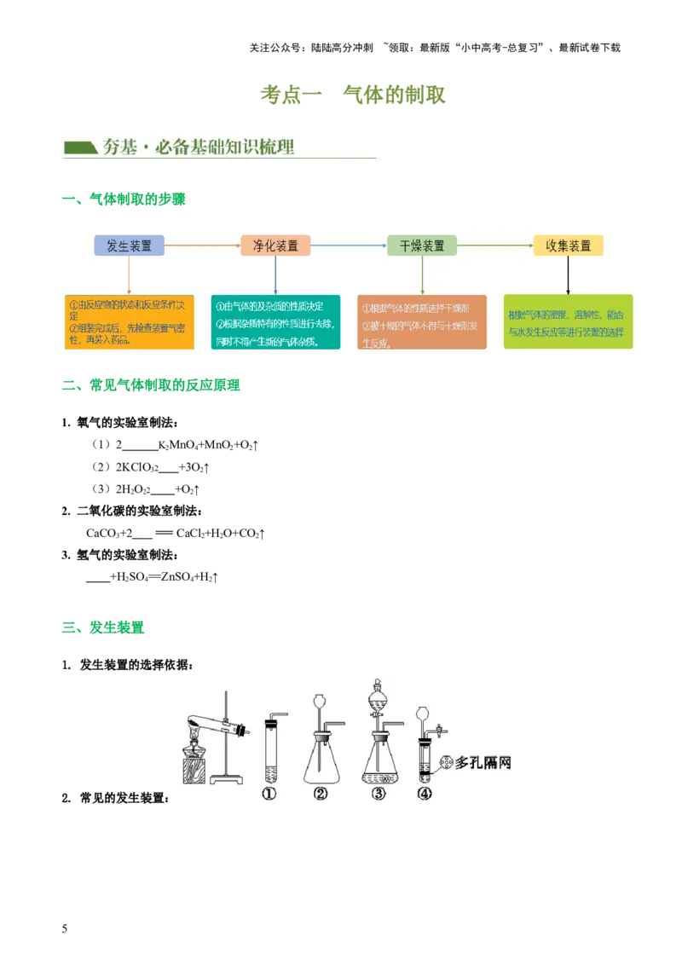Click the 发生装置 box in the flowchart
click(130, 246)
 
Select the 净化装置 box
click(275, 246)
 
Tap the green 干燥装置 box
click(422, 246)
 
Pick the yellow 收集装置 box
click(568, 246)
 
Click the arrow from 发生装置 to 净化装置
click(202, 246)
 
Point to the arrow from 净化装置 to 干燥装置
click(348, 246)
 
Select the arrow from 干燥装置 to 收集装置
click(494, 246)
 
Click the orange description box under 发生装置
click(130, 321)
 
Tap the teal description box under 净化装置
click(275, 321)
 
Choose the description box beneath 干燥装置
click(422, 321)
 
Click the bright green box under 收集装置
click(568, 321)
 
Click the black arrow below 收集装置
click(568, 274)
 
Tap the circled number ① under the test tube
click(269, 794)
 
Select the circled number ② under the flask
click(321, 794)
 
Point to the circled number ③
click(379, 794)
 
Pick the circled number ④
click(424, 794)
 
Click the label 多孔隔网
click(483, 761)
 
